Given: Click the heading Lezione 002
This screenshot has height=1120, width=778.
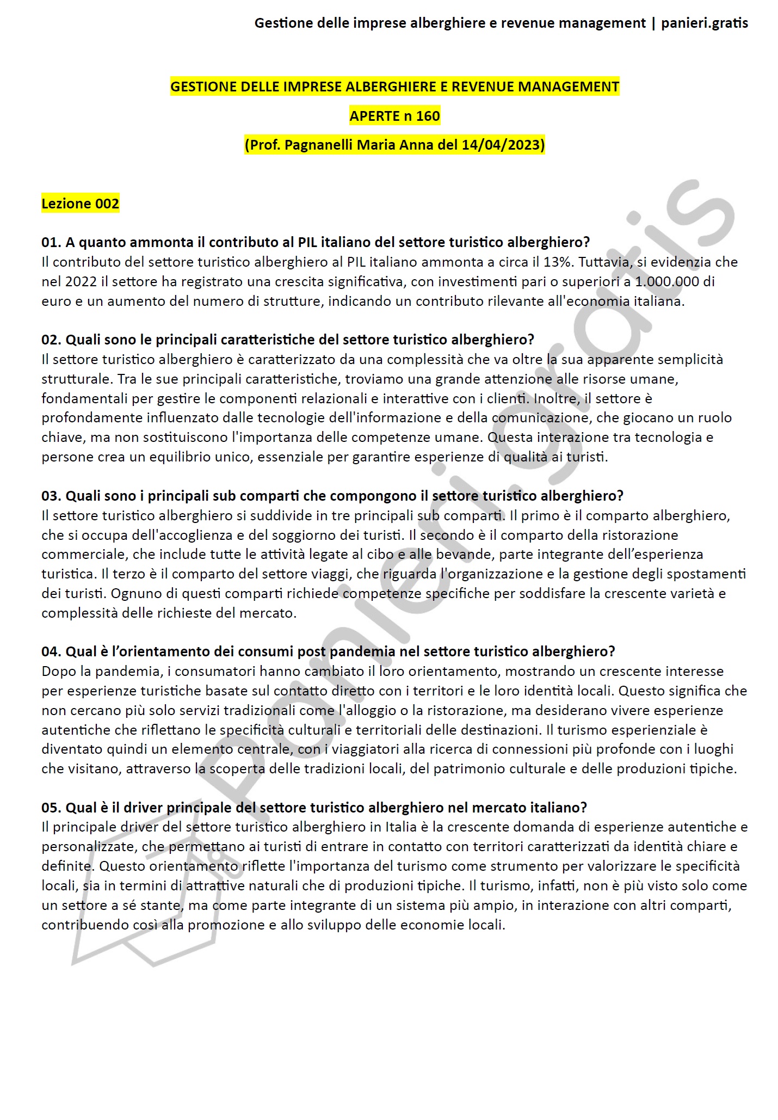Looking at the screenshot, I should click(x=80, y=204).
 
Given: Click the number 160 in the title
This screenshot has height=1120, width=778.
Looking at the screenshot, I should click(x=428, y=116).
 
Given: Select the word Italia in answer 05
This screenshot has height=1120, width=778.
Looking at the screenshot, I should click(x=401, y=827).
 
